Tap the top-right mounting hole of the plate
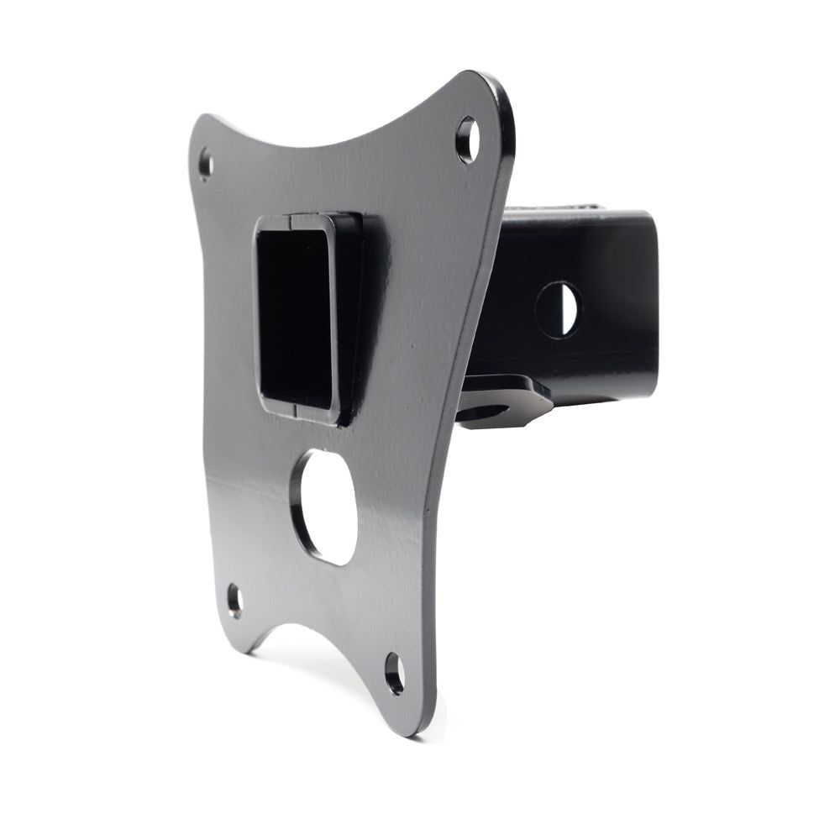click(x=468, y=139)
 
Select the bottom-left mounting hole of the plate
click(x=234, y=601)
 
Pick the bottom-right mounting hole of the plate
click(x=395, y=672)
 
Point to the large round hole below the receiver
click(x=325, y=507)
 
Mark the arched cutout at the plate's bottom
click(x=311, y=630)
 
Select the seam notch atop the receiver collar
click(x=291, y=222)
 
